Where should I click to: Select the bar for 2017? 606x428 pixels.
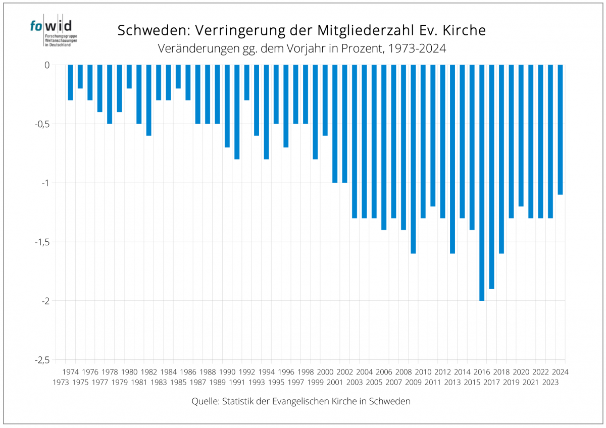click(491, 177)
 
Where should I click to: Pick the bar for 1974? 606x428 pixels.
click(71, 82)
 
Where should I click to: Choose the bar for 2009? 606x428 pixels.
click(413, 159)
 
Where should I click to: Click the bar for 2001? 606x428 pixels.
click(335, 124)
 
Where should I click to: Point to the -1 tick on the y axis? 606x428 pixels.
click(46, 183)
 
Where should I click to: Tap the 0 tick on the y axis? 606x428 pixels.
click(47, 65)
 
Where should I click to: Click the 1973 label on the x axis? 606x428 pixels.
click(61, 382)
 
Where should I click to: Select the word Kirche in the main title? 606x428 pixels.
click(464, 30)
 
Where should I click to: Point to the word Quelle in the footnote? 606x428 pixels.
click(205, 402)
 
